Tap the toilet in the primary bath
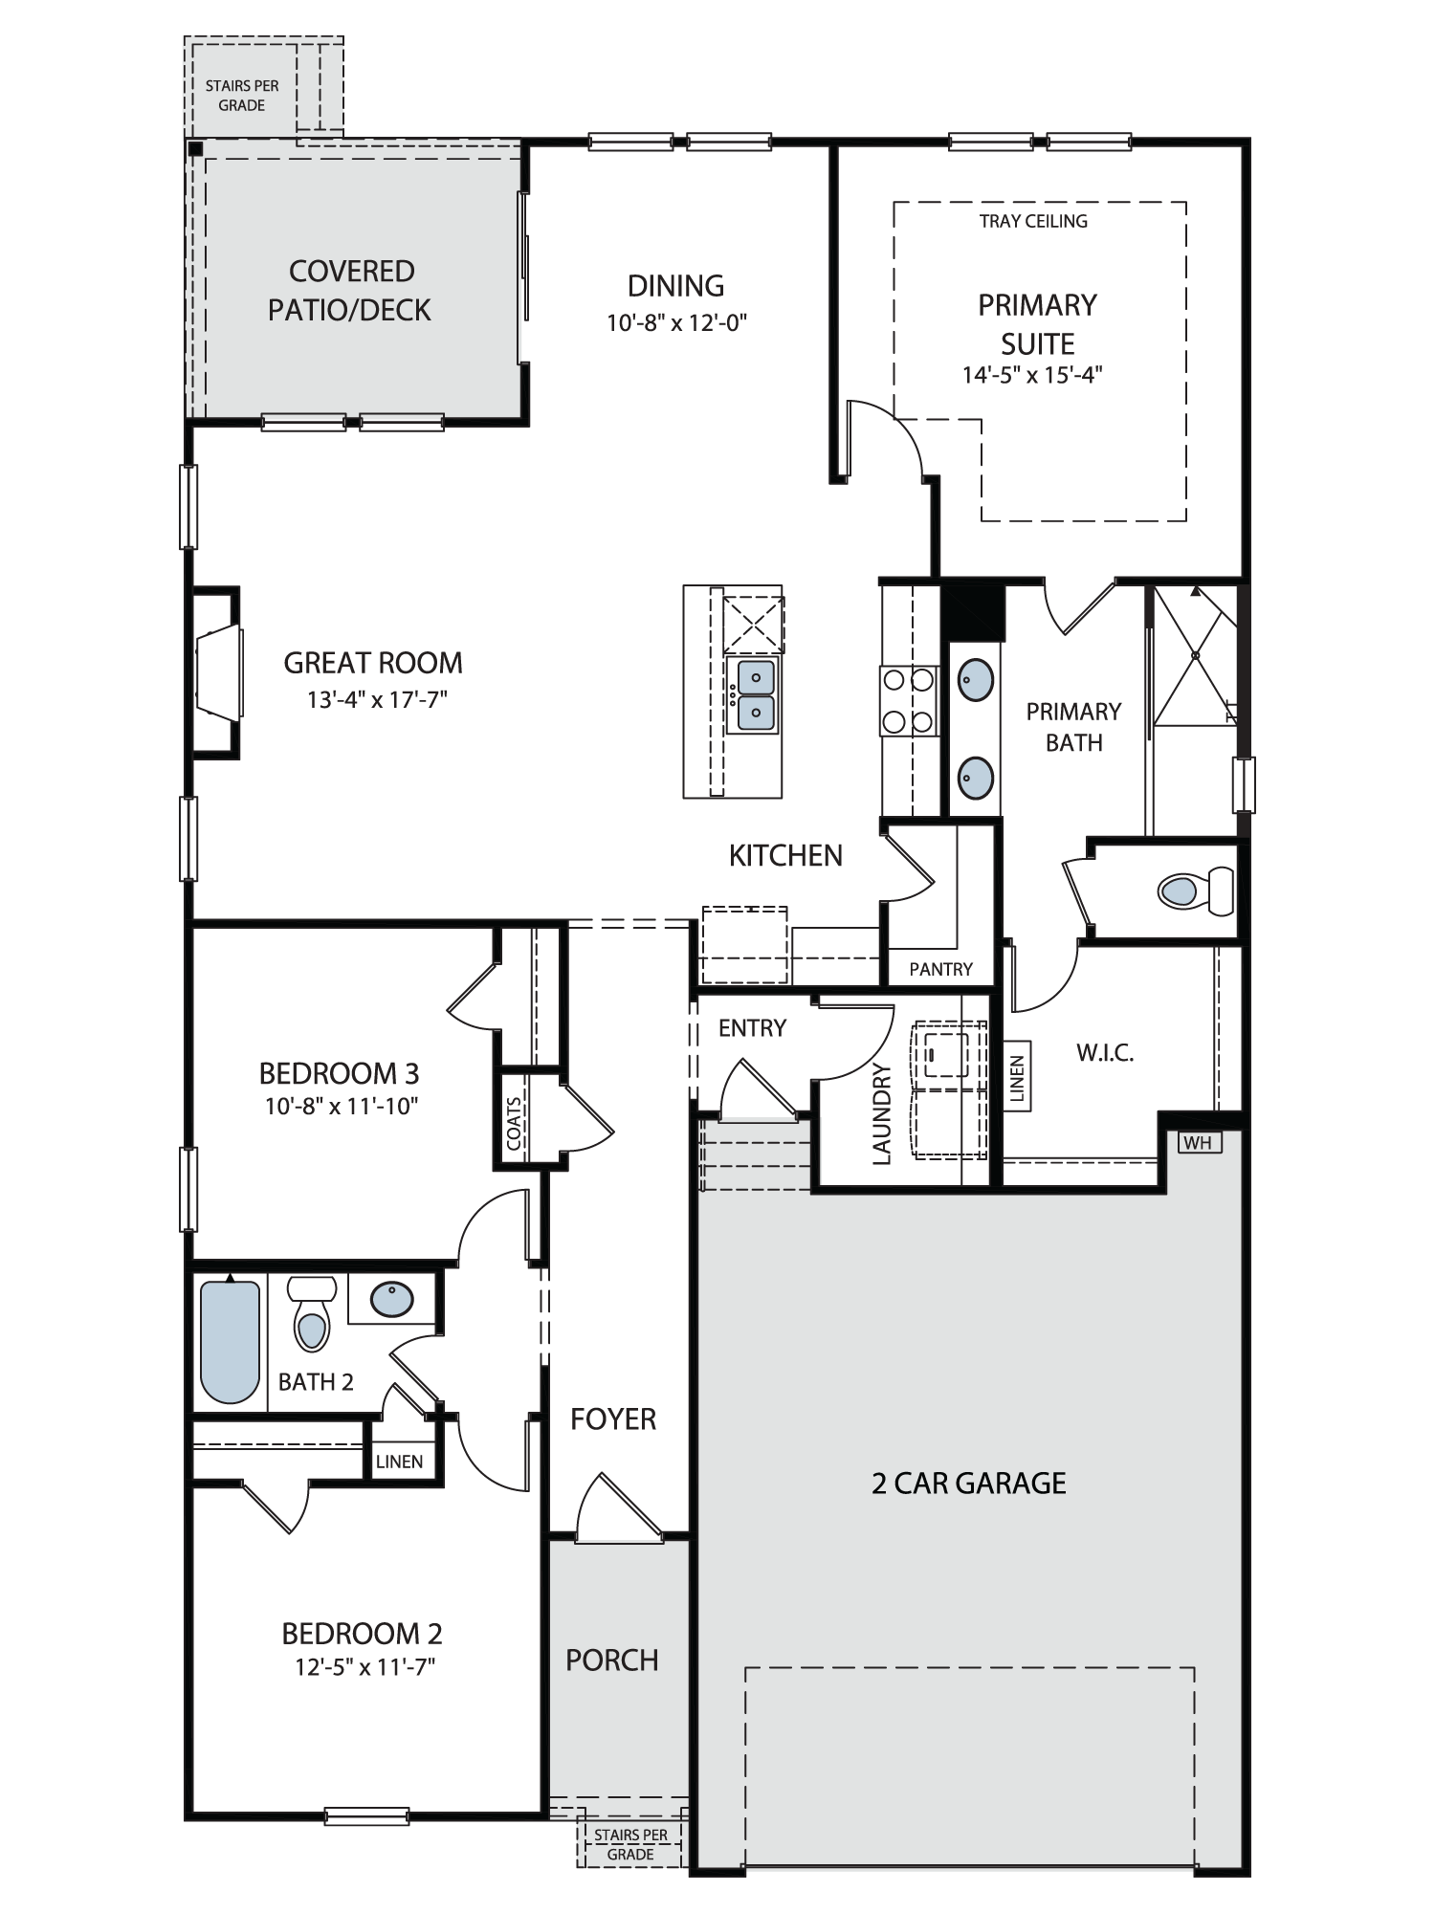(x=1196, y=891)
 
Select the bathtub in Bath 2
(x=230, y=1341)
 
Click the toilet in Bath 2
(x=311, y=1314)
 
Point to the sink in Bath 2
(x=391, y=1299)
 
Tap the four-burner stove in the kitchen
(x=908, y=701)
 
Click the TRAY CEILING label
(x=1033, y=221)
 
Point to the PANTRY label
(x=940, y=969)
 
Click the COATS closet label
(x=515, y=1123)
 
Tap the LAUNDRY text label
(x=882, y=1114)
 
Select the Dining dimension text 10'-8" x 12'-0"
(x=676, y=322)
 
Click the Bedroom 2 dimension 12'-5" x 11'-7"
(x=364, y=1666)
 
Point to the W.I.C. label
(x=1105, y=1053)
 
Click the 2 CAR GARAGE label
(x=968, y=1483)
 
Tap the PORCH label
(x=612, y=1660)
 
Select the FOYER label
(x=613, y=1418)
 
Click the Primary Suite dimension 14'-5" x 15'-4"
(x=1032, y=374)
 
